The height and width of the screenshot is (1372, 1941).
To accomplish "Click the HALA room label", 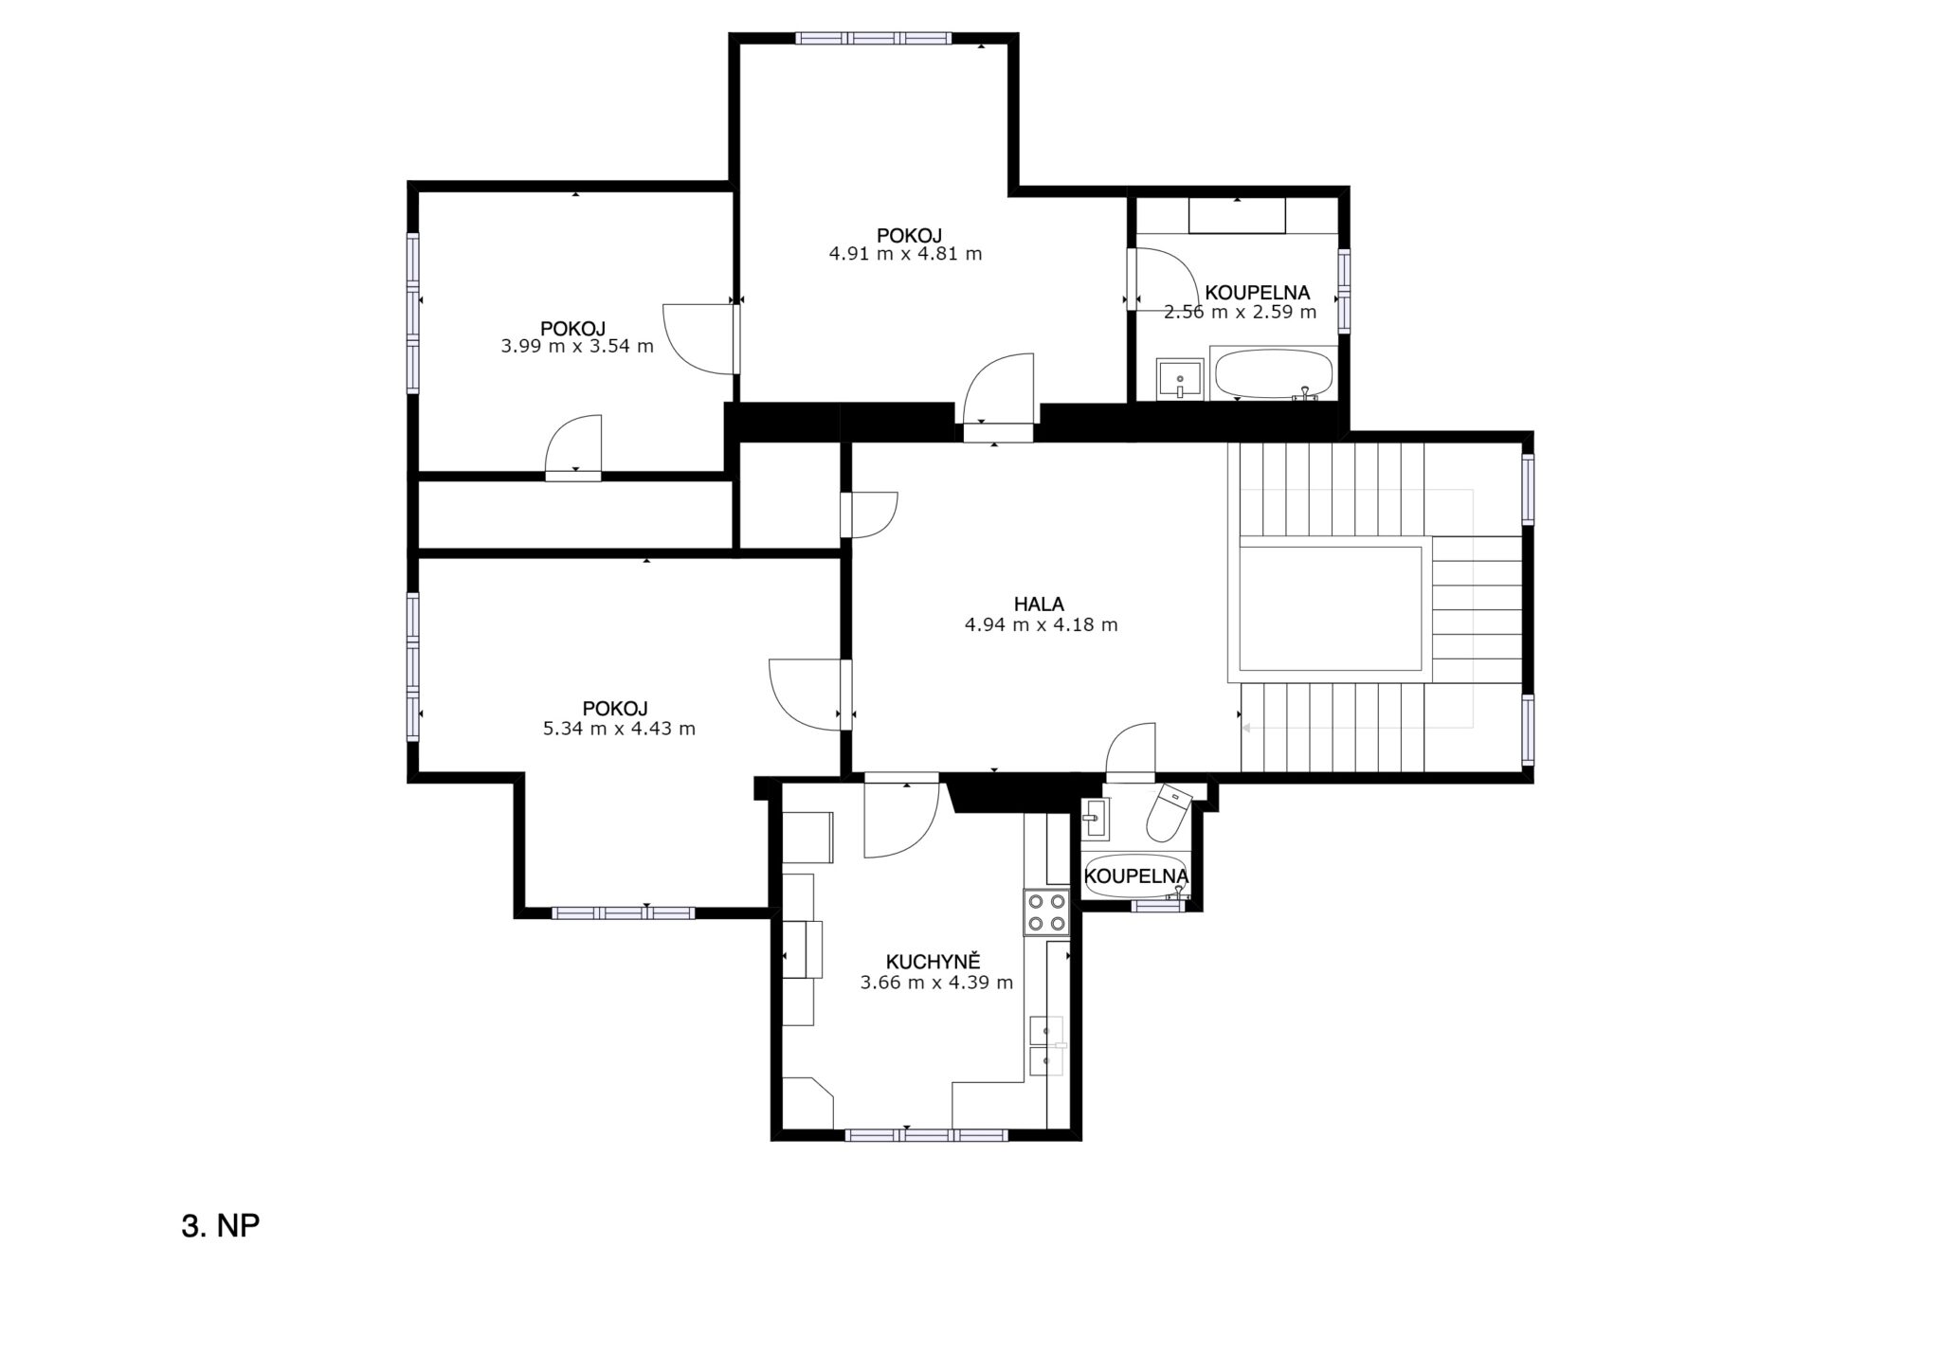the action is [x=1039, y=604].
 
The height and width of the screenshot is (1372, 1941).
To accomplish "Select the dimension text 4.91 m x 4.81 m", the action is [x=905, y=254].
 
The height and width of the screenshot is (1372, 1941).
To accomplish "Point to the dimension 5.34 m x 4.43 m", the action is [x=619, y=729].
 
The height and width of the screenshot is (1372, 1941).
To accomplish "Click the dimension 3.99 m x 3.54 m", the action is [x=577, y=347].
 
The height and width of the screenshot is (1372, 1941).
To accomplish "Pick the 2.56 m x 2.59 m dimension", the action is [x=1240, y=312].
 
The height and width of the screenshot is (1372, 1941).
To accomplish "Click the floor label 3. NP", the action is [x=220, y=1226].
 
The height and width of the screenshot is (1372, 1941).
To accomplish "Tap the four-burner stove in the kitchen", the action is [x=1046, y=913].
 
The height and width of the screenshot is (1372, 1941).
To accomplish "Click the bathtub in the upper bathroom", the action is [x=1274, y=375].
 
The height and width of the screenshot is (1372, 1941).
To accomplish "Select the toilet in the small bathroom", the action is [x=1170, y=813].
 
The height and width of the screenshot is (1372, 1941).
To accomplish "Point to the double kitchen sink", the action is [x=1047, y=1046].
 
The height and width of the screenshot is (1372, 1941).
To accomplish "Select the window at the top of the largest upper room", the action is [x=874, y=39].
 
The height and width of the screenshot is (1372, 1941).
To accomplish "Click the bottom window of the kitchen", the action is [x=926, y=1134].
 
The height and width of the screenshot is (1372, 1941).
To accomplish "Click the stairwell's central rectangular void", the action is [x=1331, y=607].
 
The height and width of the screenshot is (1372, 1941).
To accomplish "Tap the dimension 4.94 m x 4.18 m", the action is [x=1041, y=625].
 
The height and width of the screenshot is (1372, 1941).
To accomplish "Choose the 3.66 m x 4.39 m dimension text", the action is [x=936, y=983].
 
